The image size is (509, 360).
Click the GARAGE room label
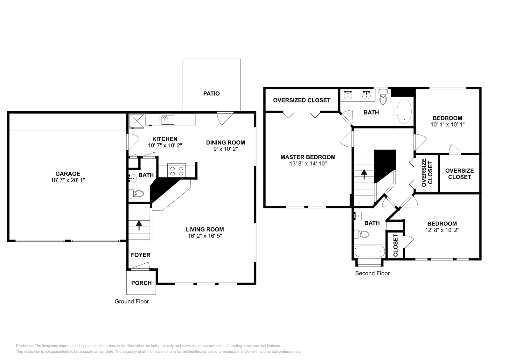point(67,174)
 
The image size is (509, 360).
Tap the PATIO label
point(212,93)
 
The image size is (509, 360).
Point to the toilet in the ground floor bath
point(136,193)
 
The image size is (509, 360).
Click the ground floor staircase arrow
point(139,225)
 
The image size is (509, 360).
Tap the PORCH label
point(141,283)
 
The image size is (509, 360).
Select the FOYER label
point(141,255)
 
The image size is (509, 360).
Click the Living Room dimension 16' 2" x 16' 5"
point(205,236)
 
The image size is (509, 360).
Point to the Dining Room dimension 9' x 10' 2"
point(226,149)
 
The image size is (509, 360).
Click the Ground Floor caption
point(132,301)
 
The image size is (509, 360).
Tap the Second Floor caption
point(372,273)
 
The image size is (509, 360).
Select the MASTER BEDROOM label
point(308,157)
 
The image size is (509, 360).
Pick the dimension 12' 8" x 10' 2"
point(442,230)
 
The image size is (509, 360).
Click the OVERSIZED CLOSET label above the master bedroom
point(302,100)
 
